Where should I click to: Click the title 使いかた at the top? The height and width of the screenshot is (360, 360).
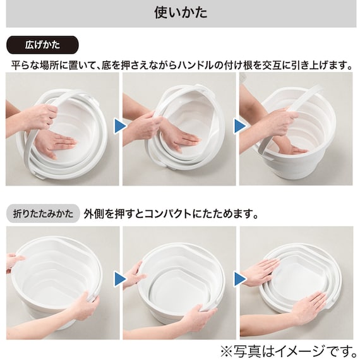click(x=181, y=13)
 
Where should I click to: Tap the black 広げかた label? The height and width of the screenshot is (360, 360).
click(x=42, y=45)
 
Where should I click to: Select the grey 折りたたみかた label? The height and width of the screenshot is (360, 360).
click(x=43, y=213)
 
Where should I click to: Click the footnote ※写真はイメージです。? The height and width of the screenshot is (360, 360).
click(x=289, y=351)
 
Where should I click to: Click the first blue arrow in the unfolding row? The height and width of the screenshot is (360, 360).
click(x=120, y=126)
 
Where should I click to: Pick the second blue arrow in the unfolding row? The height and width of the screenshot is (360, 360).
click(x=239, y=126)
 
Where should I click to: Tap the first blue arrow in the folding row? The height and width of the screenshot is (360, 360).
click(x=120, y=279)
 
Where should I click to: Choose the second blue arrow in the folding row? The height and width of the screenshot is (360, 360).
click(x=239, y=279)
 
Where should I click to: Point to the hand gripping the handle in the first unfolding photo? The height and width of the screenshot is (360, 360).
click(x=40, y=117)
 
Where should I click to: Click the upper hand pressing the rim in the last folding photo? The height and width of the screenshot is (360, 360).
click(x=261, y=272)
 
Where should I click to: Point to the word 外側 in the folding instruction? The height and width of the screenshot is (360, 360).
click(x=93, y=213)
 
